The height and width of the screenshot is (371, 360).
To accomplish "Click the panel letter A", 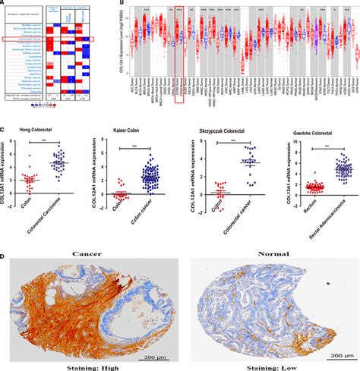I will pyautogui.click(x=4, y=4).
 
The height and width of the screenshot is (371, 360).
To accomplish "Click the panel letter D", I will pyautogui.click(x=4, y=256).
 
